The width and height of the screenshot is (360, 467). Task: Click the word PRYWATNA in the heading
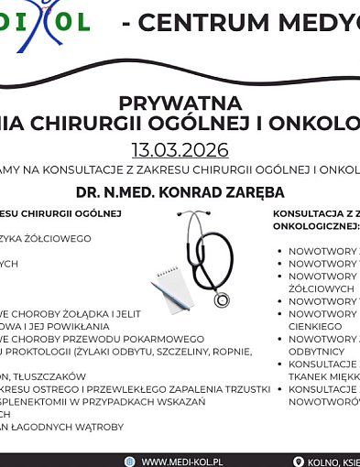point(180,103)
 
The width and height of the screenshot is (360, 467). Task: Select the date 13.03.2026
point(180,149)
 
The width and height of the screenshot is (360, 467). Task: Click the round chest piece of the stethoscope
point(222,299)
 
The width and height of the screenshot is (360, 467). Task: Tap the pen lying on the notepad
point(174,296)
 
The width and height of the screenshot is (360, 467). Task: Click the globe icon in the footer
point(130,462)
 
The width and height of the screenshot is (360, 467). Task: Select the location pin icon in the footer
point(298,462)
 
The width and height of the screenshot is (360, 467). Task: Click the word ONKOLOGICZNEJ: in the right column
point(316,225)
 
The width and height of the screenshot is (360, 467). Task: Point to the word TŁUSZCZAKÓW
point(50,376)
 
